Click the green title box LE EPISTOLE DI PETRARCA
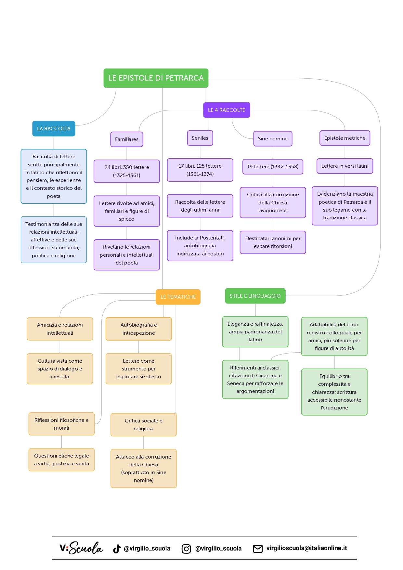click(x=156, y=78)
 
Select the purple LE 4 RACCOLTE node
click(x=227, y=110)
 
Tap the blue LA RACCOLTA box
click(x=54, y=129)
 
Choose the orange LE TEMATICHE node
click(x=178, y=297)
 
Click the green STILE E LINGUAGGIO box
click(x=255, y=296)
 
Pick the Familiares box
click(x=127, y=139)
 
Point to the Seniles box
click(x=200, y=138)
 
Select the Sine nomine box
click(x=273, y=139)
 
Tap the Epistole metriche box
click(x=345, y=138)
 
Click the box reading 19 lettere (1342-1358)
click(x=273, y=167)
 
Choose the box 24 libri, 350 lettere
click(x=127, y=171)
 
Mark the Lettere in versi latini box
click(x=345, y=166)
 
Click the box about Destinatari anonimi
click(x=273, y=242)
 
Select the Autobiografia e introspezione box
click(x=139, y=329)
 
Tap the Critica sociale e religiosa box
click(x=144, y=425)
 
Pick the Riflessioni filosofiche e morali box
click(x=61, y=424)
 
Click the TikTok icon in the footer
click(x=117, y=549)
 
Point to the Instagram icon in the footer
click(x=186, y=549)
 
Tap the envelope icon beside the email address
click(x=258, y=549)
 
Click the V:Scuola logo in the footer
click(x=81, y=548)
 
